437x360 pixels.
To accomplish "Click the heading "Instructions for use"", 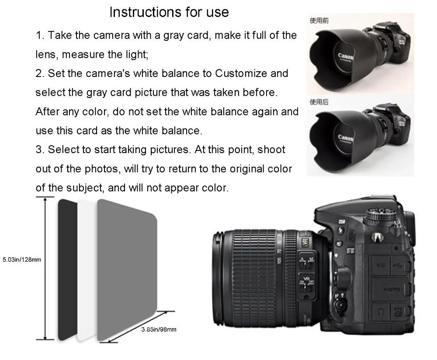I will click(x=169, y=12).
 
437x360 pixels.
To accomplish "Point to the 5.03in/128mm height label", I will click(x=21, y=260).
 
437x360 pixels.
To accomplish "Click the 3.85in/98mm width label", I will click(x=158, y=329).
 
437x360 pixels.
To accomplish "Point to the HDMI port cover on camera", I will click(x=388, y=289).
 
